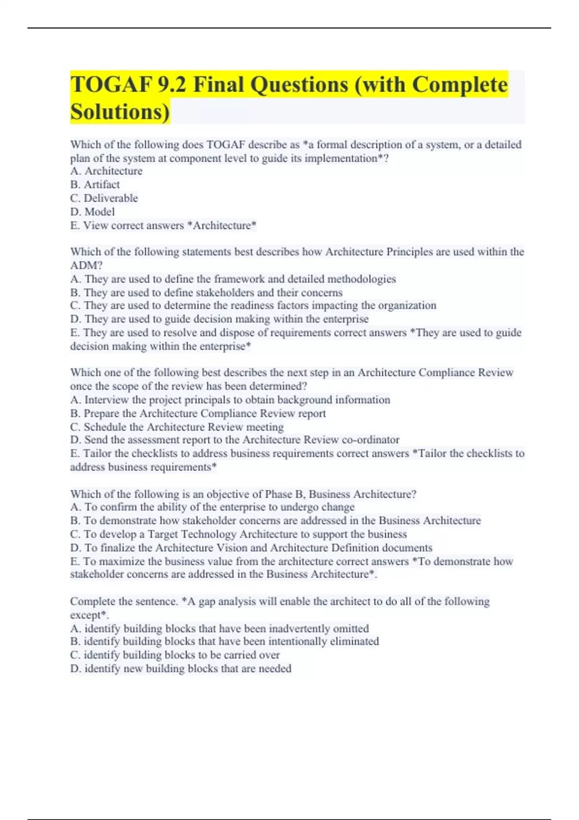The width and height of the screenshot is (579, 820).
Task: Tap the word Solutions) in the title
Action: pyautogui.click(x=120, y=112)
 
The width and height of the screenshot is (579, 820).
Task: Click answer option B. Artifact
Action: pyautogui.click(x=95, y=185)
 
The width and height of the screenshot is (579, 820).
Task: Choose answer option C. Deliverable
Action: pyautogui.click(x=104, y=198)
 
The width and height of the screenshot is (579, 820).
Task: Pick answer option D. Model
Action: pyautogui.click(x=93, y=212)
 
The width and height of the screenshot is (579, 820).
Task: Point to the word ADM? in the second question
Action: pyautogui.click(x=86, y=265)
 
